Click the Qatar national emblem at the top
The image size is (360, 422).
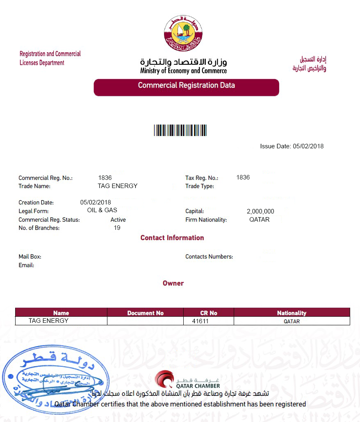[x=183, y=34]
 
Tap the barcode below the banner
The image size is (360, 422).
[x=180, y=130]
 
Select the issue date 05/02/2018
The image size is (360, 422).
[x=308, y=146]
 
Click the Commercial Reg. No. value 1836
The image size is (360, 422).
[x=105, y=178]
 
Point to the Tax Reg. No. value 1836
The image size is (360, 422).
[x=243, y=177]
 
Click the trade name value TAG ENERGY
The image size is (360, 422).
[x=118, y=186]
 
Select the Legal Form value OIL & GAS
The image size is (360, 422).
[x=102, y=210]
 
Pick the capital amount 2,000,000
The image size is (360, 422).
[x=260, y=211]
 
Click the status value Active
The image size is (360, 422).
[x=118, y=220]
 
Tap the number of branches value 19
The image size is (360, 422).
[x=117, y=228]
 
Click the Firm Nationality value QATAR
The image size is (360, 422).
[x=259, y=220]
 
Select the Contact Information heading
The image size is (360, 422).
[x=172, y=238]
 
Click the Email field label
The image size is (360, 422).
[x=26, y=265]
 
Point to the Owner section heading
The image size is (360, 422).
[x=173, y=283]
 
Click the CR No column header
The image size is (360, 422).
[x=209, y=313]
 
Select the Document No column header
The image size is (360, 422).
[x=145, y=313]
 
